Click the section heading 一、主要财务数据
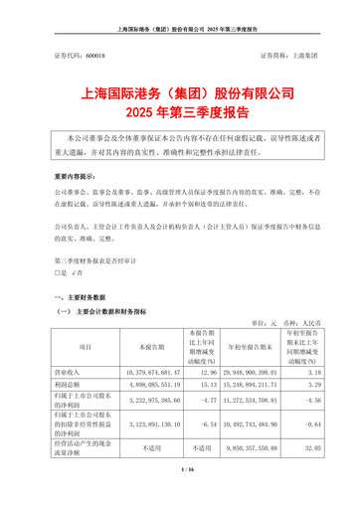85,297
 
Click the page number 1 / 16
179,497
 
